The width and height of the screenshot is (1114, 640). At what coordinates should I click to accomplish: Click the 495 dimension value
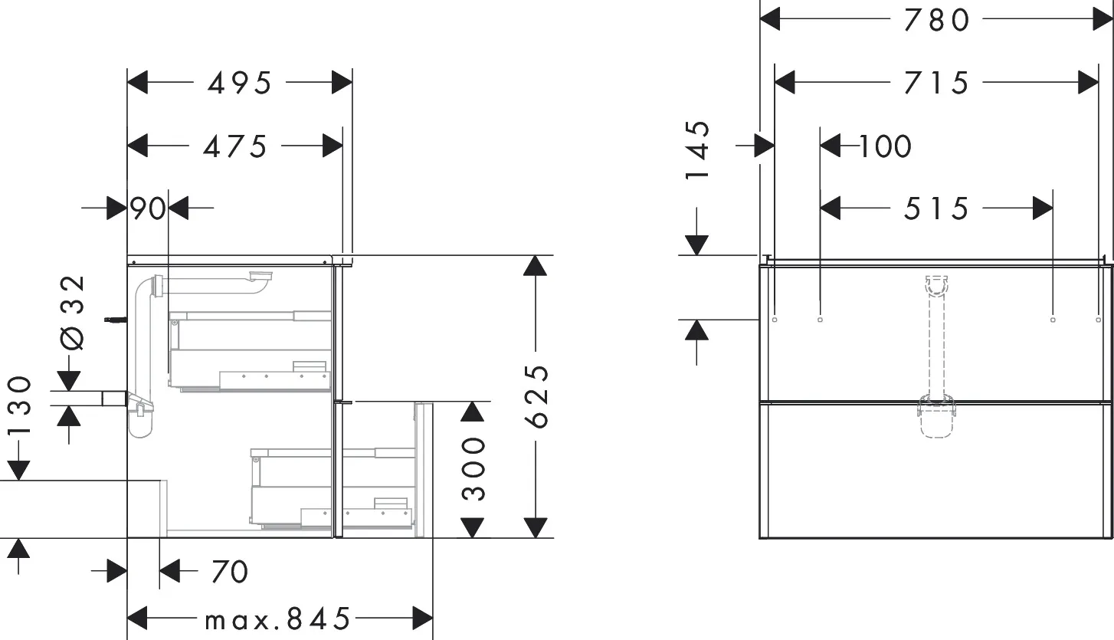[239, 82]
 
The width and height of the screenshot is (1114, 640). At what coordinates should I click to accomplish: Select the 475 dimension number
[234, 146]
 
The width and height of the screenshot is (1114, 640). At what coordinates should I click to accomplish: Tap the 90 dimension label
[148, 208]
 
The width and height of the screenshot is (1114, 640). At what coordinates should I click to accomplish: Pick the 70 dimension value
[229, 571]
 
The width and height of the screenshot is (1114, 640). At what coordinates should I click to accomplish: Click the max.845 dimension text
[277, 618]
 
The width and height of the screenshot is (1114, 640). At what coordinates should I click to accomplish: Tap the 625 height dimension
[539, 396]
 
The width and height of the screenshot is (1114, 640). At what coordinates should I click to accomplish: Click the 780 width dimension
[936, 20]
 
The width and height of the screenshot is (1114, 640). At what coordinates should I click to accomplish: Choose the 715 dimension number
[936, 82]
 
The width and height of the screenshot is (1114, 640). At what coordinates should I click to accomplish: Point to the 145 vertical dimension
[697, 150]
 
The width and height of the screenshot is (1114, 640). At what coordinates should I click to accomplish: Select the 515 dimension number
[936, 208]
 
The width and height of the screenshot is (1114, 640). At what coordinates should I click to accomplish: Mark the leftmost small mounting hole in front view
[775, 318]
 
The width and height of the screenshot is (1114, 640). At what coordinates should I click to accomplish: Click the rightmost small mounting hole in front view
[1098, 318]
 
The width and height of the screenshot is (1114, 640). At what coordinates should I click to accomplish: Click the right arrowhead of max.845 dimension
[424, 617]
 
